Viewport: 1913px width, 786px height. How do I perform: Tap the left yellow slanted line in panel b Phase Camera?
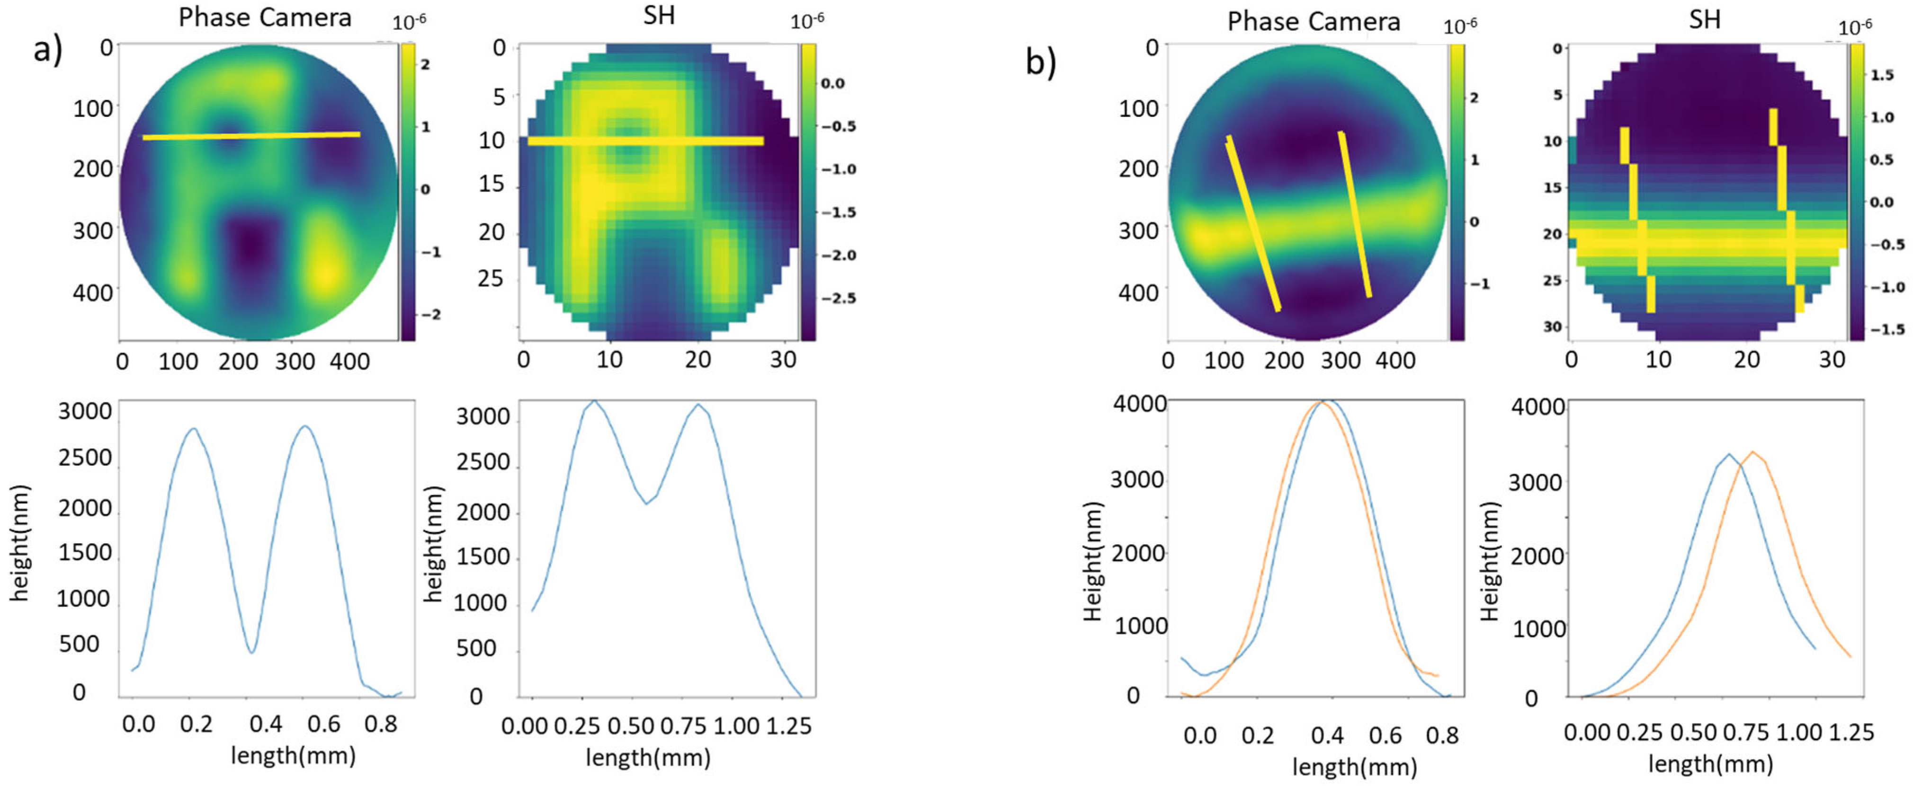click(x=1253, y=223)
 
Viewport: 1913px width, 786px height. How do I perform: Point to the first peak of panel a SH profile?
click(x=593, y=402)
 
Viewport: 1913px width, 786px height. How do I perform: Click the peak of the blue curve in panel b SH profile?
click(x=1729, y=454)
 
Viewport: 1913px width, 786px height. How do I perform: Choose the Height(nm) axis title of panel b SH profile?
click(x=1491, y=561)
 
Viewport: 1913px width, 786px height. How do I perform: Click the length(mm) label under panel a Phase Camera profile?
click(x=293, y=756)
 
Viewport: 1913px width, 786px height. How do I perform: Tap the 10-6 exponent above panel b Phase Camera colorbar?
click(x=1459, y=26)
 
